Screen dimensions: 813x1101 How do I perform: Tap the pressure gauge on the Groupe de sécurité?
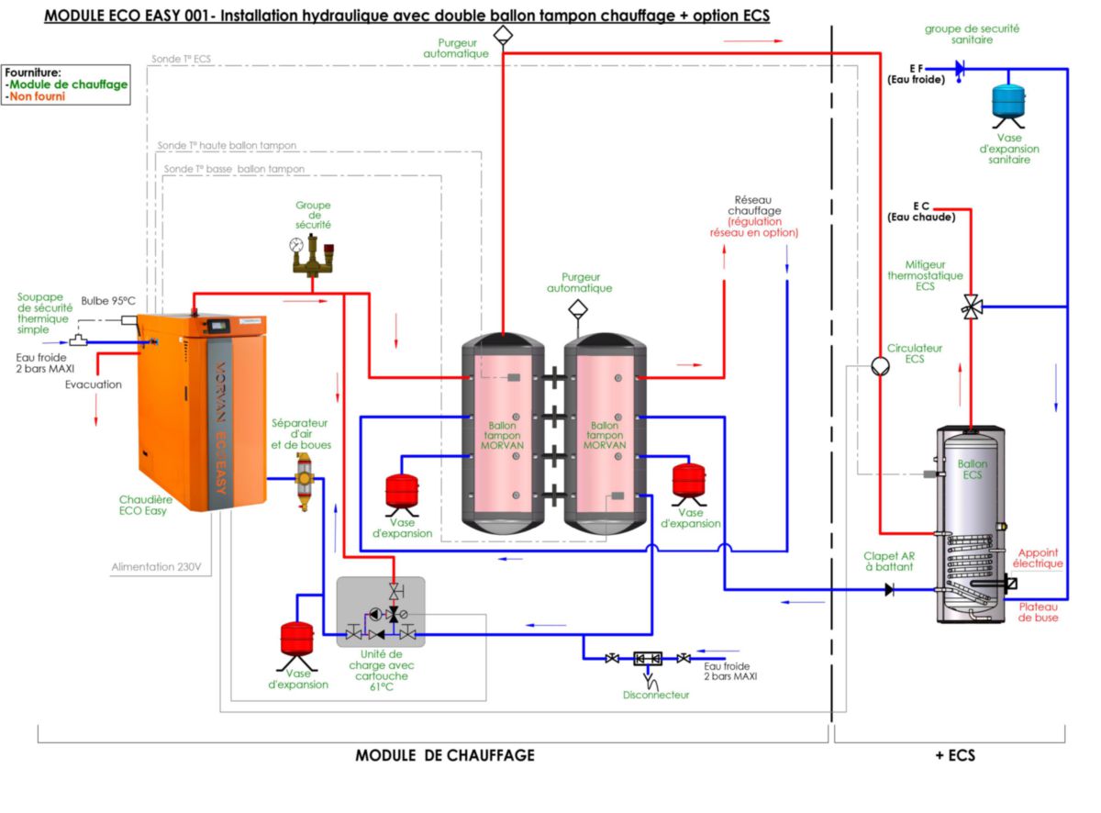coord(295,246)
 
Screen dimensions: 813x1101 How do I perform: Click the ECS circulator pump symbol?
coord(879,365)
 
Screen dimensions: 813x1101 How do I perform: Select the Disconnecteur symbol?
coord(648,658)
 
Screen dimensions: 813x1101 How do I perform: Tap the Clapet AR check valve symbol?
coord(889,589)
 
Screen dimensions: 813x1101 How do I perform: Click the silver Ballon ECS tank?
coord(971,523)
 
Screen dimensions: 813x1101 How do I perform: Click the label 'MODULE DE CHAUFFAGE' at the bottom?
coord(444,755)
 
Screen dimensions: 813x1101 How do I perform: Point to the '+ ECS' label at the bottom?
coord(954,755)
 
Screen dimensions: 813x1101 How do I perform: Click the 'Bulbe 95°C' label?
coord(107,301)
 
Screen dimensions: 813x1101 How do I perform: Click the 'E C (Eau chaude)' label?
coord(920,211)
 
